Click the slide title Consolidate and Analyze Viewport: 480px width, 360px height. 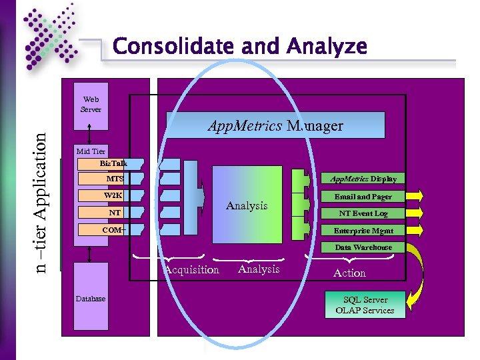[240, 47]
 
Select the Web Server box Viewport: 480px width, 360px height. [91, 104]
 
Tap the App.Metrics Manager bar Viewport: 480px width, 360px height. [275, 125]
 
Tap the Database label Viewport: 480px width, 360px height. [90, 299]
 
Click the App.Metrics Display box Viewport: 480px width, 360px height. [363, 179]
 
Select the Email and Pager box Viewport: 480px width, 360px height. [363, 197]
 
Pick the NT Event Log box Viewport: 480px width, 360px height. [363, 213]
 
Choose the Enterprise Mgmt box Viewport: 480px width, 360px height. [363, 231]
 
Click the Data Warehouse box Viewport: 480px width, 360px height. [363, 247]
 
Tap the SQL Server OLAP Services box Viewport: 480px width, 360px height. [365, 305]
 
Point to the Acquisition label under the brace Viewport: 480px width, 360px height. [192, 270]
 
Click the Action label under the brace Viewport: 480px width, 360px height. [349, 273]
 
